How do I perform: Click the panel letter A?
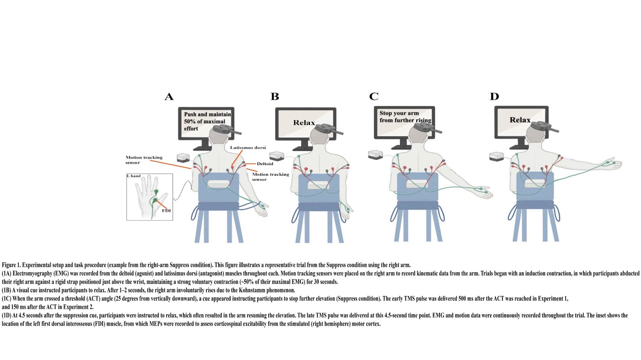point(169,97)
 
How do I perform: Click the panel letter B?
point(274,97)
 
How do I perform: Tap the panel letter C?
point(374,97)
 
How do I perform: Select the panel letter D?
point(494,97)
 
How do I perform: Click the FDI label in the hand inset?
point(166,211)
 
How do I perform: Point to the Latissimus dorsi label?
point(248,147)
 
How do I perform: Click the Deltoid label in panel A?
point(265,164)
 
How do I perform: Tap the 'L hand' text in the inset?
point(134,176)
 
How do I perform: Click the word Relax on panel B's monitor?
point(304,123)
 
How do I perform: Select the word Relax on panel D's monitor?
point(520,120)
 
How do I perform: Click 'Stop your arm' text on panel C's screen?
point(399,113)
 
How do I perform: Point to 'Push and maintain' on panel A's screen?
point(207,114)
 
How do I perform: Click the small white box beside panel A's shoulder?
point(183,157)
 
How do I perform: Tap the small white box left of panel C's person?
point(376,154)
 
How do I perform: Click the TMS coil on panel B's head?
point(326,128)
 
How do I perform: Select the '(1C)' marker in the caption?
point(7,299)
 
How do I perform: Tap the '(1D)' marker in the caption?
point(7,315)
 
